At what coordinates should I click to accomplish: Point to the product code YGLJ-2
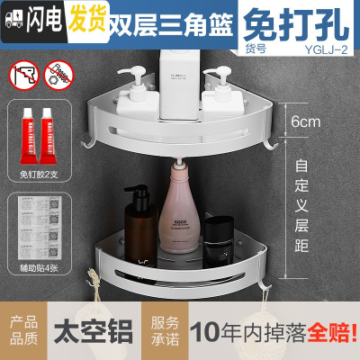pyautogui.click(x=326, y=49)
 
